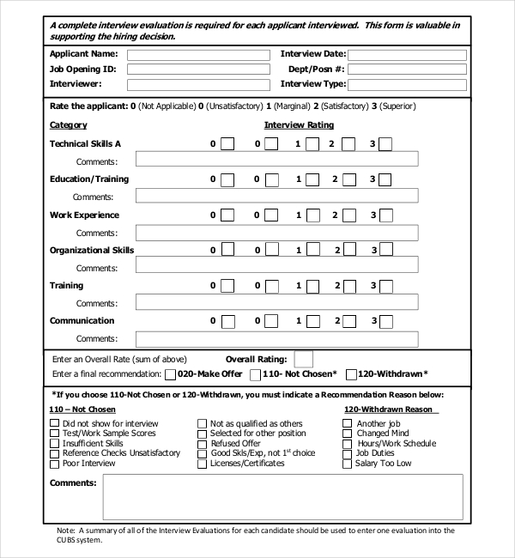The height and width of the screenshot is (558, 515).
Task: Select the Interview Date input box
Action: click(x=407, y=55)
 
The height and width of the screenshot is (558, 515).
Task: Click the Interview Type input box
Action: click(x=407, y=85)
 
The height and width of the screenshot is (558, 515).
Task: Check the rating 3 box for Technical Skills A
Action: click(x=385, y=144)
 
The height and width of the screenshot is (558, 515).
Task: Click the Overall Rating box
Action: click(x=304, y=359)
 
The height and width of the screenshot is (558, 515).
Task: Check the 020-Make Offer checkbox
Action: click(x=171, y=374)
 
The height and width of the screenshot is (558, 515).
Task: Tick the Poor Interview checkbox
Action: click(x=55, y=464)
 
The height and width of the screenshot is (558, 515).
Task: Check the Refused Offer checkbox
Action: click(x=203, y=444)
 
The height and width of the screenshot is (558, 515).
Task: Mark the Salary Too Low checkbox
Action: click(x=347, y=464)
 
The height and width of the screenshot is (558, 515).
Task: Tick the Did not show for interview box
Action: click(x=55, y=424)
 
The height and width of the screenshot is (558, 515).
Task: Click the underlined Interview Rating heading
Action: click(x=299, y=125)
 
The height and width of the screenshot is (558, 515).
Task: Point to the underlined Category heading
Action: click(x=68, y=125)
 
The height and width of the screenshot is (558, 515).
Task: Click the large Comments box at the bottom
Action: click(x=282, y=497)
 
